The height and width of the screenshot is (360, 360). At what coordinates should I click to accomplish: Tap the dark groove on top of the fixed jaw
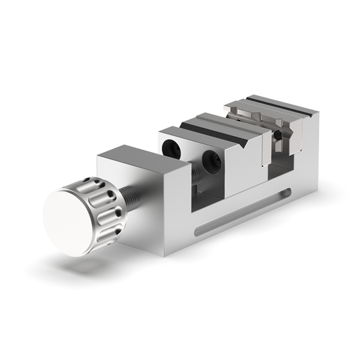pos(282,106)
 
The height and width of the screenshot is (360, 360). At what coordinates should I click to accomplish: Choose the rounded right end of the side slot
pos(287,193)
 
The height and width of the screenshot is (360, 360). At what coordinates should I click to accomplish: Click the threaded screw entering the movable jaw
pos(197,173)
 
